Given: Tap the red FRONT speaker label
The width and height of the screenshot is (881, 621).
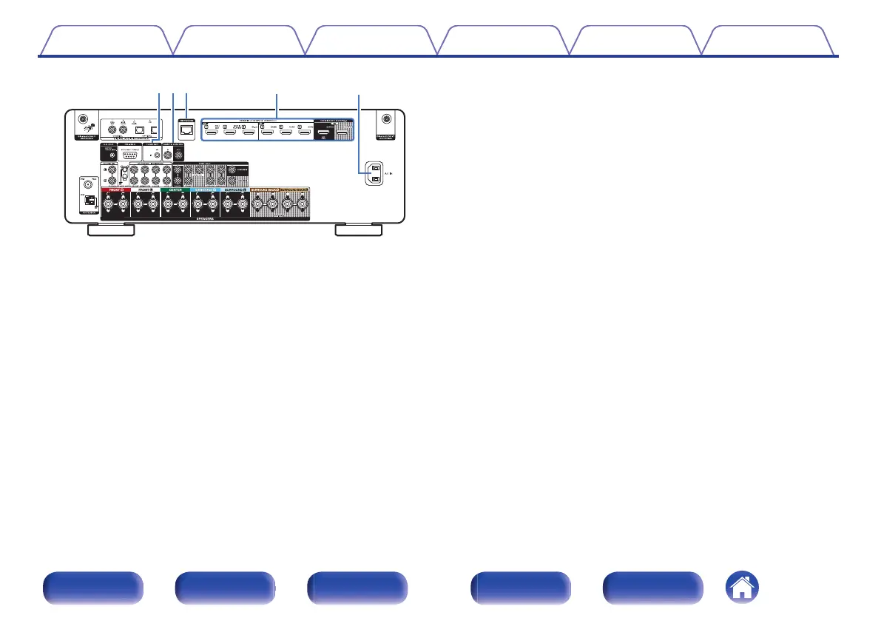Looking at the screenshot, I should (115, 190).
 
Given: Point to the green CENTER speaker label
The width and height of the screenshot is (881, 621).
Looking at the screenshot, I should (175, 190).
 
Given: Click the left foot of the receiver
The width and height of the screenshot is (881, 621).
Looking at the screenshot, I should (111, 231).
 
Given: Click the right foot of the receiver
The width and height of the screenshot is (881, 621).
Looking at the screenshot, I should (359, 231).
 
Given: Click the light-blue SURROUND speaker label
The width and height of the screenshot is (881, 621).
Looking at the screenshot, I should (205, 190).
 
